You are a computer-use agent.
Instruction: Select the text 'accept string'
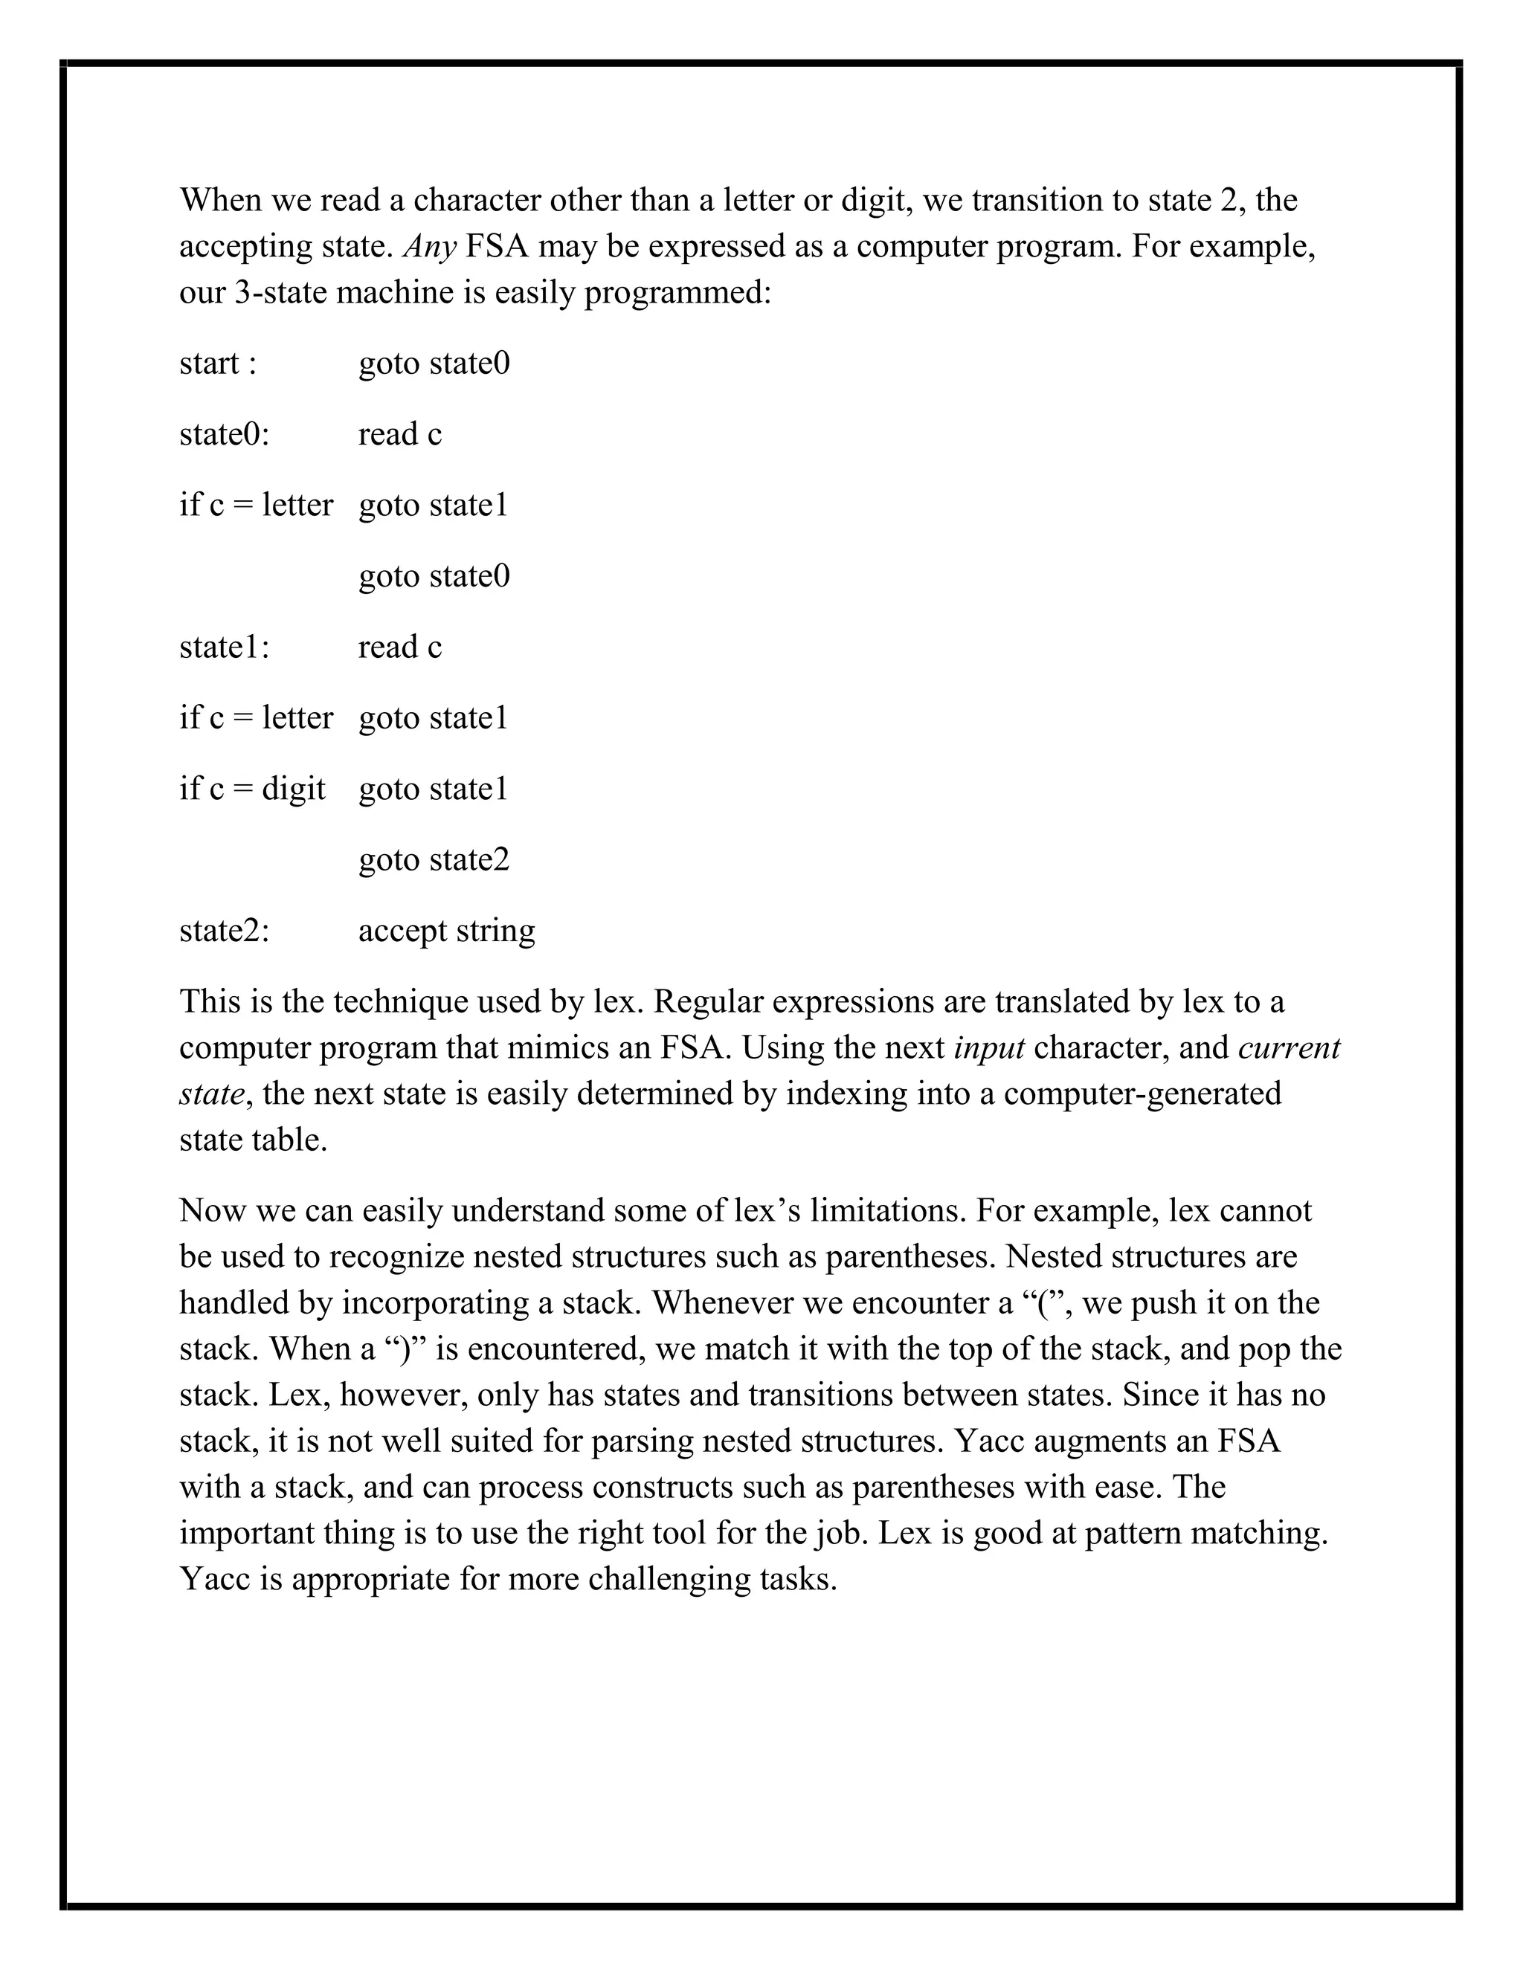447,930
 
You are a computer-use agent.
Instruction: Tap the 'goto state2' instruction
434,859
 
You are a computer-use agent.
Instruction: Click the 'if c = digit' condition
253,788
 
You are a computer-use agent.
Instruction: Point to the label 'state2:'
225,930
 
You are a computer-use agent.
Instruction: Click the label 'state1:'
225,647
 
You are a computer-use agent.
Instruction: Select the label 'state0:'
225,435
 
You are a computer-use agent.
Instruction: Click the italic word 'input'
989,1048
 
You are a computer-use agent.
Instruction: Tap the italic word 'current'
1289,1048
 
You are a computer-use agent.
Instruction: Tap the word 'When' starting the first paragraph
219,200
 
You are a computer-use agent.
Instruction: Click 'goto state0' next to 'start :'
434,364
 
